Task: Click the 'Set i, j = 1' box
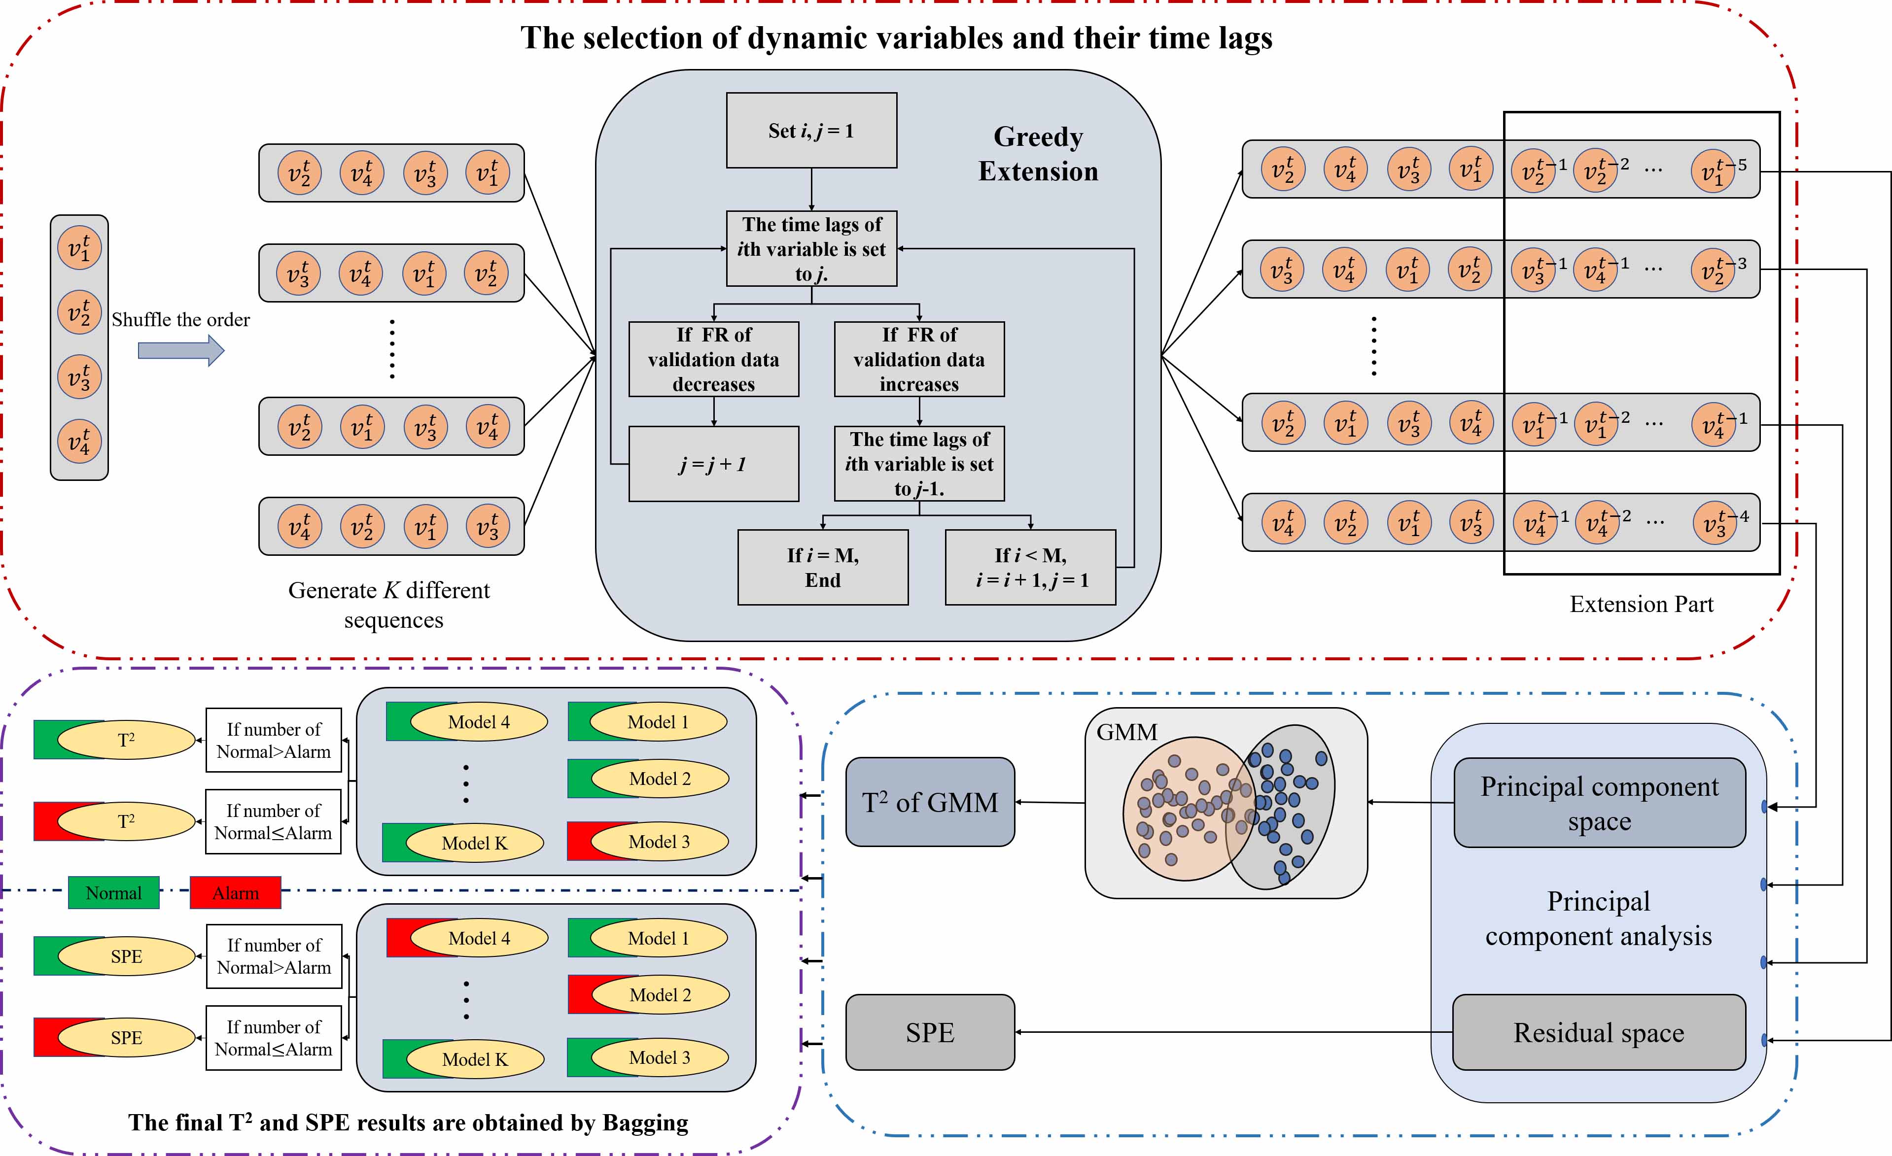811,131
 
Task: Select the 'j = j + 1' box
713,464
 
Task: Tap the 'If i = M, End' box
822,567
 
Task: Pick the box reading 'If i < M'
1030,567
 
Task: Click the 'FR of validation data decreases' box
713,359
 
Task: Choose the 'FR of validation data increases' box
918,359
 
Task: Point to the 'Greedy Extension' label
1038,154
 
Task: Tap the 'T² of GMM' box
930,802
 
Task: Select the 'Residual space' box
1599,1032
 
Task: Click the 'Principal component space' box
1600,803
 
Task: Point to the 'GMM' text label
1126,732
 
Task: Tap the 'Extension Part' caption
1641,604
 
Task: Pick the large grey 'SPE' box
930,1032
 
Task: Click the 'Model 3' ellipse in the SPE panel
659,1058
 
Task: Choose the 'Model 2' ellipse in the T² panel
660,779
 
